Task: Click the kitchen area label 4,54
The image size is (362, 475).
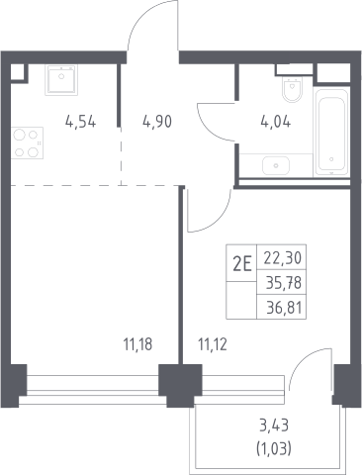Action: [81, 122]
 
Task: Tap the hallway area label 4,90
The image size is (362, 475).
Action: [157, 122]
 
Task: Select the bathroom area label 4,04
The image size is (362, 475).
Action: [276, 122]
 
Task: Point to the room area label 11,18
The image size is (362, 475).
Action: [137, 344]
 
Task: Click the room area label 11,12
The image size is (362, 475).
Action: [213, 344]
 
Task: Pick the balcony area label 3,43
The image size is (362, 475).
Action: [274, 426]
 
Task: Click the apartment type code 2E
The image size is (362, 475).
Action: [242, 264]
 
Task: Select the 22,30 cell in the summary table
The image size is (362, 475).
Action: [283, 258]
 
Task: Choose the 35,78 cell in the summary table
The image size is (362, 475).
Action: [284, 282]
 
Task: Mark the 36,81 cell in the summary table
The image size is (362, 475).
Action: [284, 308]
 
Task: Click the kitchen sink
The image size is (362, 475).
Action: [61, 80]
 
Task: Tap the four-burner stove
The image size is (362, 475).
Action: [27, 142]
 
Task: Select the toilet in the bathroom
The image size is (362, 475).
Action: [292, 90]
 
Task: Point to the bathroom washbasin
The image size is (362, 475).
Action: [276, 165]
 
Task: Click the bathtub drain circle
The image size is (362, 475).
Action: [331, 159]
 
